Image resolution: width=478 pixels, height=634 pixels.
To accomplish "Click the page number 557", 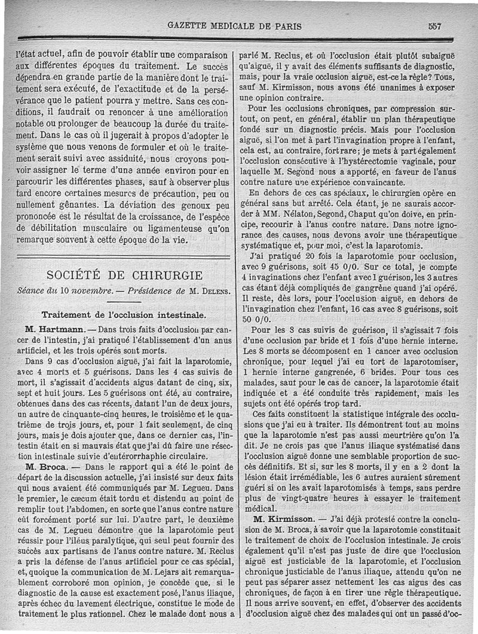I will pyautogui.click(x=434, y=26).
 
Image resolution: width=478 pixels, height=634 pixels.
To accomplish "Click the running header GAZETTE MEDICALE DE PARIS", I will pyautogui.click(x=235, y=26).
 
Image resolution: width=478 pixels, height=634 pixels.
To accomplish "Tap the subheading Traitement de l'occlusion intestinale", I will pyautogui.click(x=124, y=314).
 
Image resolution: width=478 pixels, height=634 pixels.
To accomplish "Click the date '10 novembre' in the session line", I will pyautogui.click(x=90, y=291).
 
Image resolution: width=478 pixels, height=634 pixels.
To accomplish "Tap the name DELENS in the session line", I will pyautogui.click(x=208, y=291).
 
